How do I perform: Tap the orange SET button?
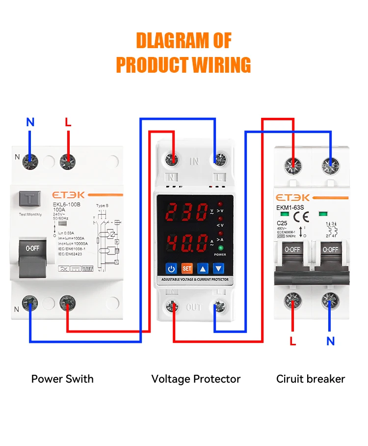coord(187,268)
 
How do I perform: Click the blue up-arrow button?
coord(203,268)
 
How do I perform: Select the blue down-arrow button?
coord(218,268)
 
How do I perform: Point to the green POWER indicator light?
coord(221,248)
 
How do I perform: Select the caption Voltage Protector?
coord(196,379)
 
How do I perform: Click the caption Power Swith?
coord(62,379)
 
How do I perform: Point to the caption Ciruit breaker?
coord(311,379)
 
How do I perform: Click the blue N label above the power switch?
coord(30,122)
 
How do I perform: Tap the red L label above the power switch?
coord(68,122)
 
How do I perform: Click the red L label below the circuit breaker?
coord(293,341)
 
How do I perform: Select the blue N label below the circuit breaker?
coord(330,341)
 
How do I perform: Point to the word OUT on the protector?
coord(194,308)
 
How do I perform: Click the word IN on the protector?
coord(194,161)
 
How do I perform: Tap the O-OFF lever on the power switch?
coord(32,249)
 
